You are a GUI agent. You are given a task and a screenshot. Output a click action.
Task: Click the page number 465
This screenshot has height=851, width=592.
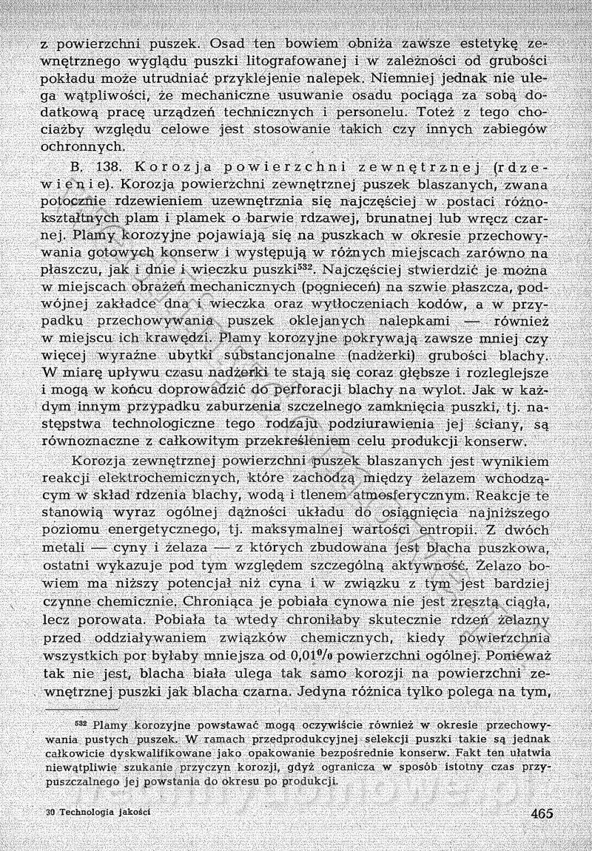point(542,812)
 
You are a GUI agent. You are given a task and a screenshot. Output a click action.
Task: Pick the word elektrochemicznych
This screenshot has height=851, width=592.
point(161,474)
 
